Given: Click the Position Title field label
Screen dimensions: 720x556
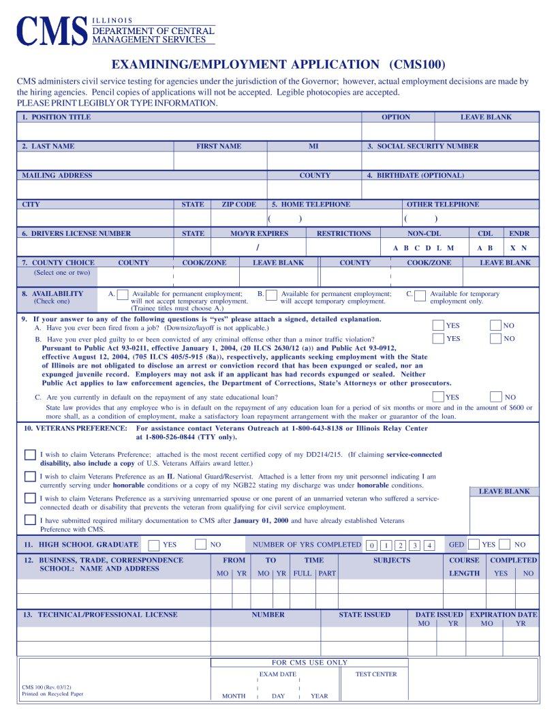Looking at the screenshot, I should click(56, 117).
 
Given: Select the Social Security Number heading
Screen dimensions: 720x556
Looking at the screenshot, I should click(422, 146).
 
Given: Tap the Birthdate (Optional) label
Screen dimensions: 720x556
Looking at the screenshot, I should click(416, 175).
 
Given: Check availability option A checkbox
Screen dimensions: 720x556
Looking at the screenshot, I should click(123, 295).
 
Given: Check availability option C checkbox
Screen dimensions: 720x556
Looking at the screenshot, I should click(420, 295).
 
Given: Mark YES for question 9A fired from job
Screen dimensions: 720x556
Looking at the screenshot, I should click(438, 325).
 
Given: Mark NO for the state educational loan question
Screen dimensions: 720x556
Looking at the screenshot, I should click(495, 396).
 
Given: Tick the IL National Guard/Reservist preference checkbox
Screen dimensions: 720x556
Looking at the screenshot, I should click(30, 476).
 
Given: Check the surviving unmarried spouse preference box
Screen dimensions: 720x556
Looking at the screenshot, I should click(30, 498).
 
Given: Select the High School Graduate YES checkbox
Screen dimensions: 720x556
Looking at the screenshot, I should click(154, 544).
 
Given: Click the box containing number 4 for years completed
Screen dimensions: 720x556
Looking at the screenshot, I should click(429, 545).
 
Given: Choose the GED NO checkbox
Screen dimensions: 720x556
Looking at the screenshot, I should click(504, 544).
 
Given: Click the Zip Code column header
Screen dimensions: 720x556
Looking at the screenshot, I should click(238, 205).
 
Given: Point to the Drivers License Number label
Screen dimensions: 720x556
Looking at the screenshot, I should click(76, 233).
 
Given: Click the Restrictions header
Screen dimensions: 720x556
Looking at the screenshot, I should click(343, 233).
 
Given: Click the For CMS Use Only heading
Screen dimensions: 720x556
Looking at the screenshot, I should click(309, 662).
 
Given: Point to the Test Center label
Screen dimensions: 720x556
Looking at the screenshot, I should click(375, 674).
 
